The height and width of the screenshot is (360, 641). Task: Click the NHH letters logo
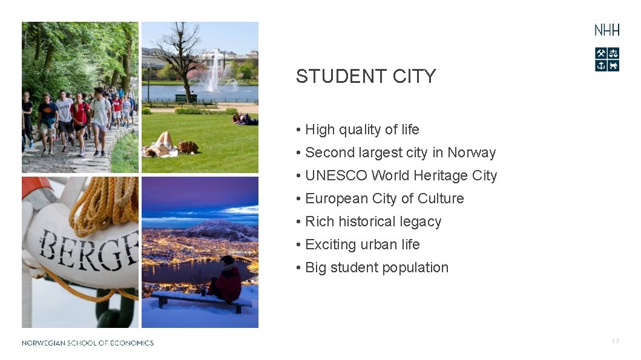pos(606,30)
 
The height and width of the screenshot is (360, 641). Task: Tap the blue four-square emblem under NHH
pos(606,59)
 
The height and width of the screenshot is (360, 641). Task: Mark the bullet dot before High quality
pos(299,130)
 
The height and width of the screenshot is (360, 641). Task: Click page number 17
pos(615,342)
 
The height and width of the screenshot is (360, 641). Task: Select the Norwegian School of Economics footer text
pos(88,343)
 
